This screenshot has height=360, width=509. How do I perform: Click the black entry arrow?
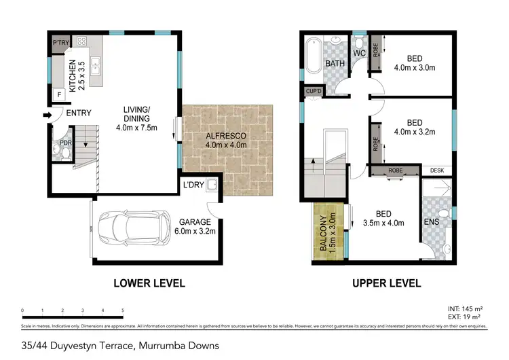click(x=45, y=114)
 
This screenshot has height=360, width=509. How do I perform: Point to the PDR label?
click(x=65, y=143)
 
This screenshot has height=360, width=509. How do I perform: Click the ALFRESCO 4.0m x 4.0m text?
click(x=226, y=141)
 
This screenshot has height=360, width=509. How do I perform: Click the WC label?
click(x=359, y=52)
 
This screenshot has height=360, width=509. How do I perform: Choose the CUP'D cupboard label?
click(x=313, y=91)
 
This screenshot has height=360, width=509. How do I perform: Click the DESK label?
click(x=437, y=170)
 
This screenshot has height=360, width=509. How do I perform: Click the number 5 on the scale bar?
click(x=122, y=310)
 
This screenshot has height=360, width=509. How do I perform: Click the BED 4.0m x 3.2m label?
click(x=413, y=128)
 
